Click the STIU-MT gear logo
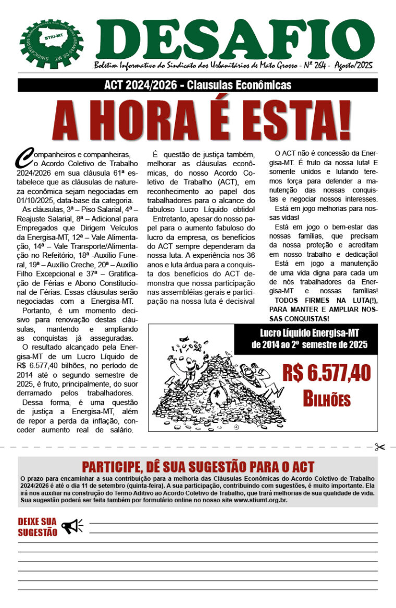coord(52,44)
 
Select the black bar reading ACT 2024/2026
coord(197,85)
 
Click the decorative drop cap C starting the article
coord(24,155)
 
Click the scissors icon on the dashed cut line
coord(379,447)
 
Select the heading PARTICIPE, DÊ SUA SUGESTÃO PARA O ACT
coord(198,466)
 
